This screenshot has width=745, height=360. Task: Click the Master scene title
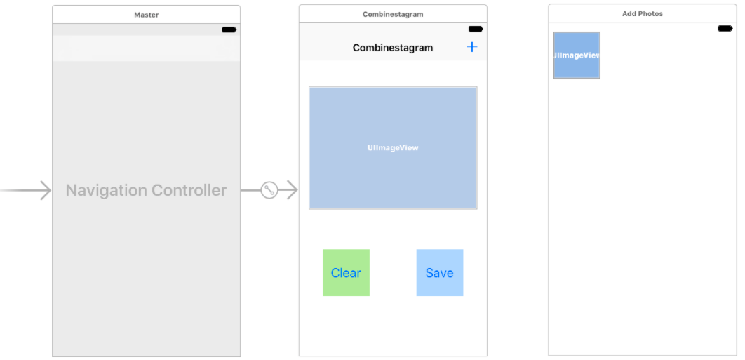146,15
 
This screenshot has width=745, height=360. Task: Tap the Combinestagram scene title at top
393,14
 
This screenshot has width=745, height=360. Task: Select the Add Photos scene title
642,14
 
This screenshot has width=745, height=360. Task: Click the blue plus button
472,47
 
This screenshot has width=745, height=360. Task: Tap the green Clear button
346,273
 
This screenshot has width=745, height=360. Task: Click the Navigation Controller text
146,190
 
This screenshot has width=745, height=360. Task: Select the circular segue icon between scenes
269,190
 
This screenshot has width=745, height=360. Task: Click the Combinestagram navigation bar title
393,48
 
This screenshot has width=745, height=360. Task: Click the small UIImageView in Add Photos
577,55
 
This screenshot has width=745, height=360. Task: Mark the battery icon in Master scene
229,29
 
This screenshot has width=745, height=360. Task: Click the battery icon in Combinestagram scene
476,29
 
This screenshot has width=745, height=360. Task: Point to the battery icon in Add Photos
725,28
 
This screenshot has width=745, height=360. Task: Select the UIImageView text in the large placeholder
393,148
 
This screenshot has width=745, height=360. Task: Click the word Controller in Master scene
188,190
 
